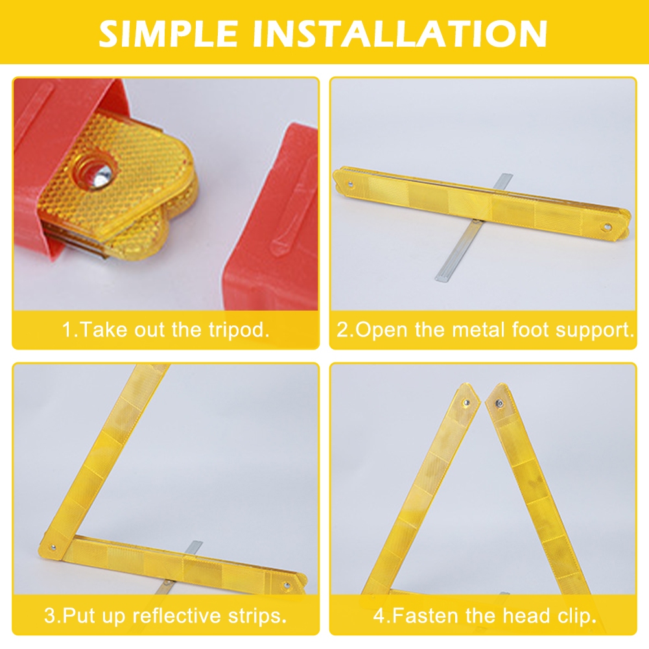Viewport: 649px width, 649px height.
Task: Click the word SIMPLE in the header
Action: pos(168,33)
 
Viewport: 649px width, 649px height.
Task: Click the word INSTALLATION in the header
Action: pos(400,33)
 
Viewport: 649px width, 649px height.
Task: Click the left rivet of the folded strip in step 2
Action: pos(351,183)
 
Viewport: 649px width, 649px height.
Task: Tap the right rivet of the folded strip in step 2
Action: pos(608,227)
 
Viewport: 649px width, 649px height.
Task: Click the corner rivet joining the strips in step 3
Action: pos(53,548)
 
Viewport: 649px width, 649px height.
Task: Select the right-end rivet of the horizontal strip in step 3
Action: pos(287,585)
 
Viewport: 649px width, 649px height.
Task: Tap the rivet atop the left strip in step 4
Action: pos(466,403)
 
